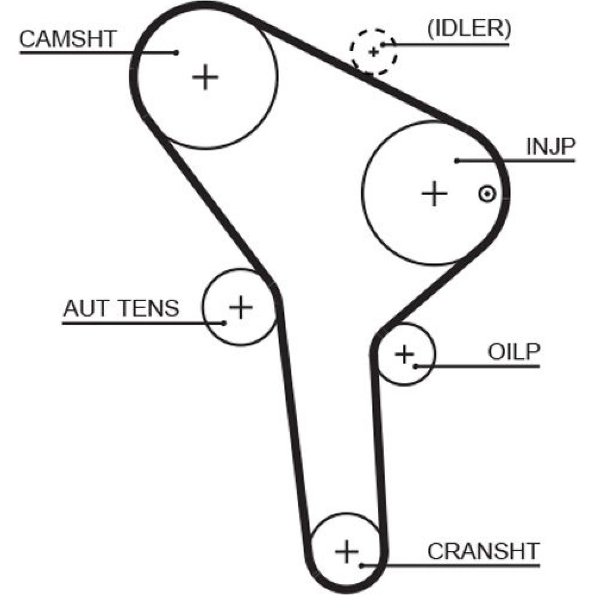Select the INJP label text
coord(550,147)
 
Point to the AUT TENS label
coord(121,308)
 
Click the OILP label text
coord(513,352)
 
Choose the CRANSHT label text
coord(483,551)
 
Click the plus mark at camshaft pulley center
coord(206,77)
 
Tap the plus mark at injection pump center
coord(434,193)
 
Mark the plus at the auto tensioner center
coord(241,306)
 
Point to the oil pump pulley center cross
coord(404,355)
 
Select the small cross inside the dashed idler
coord(374,52)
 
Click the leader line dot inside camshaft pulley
coord(177,52)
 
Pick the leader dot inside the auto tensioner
coord(224,323)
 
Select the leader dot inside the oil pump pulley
coord(416,366)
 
